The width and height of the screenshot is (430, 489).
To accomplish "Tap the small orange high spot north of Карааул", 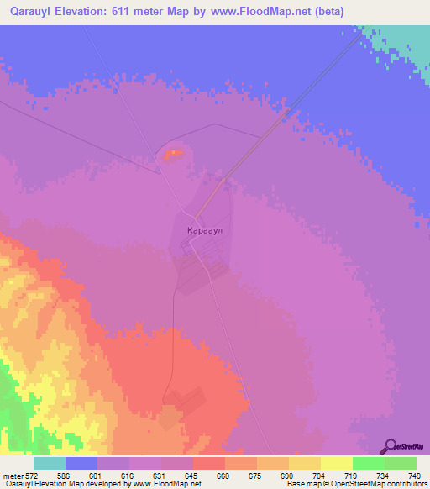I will tap(173, 153).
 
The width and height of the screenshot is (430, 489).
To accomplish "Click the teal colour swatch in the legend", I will tap(49, 463).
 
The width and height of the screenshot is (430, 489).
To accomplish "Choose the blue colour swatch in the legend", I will tap(81, 463).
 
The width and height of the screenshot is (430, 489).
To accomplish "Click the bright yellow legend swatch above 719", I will tap(336, 463).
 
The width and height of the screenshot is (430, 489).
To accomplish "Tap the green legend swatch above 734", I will tap(368, 463).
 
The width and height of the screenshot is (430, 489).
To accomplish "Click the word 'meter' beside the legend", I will tap(13, 475).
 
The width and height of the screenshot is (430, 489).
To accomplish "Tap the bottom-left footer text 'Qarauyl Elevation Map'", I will tap(34, 484).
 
